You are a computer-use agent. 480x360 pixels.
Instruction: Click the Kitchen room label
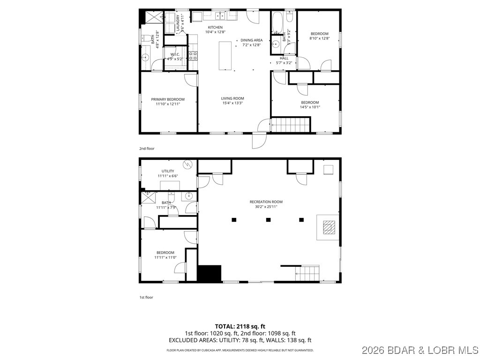216,28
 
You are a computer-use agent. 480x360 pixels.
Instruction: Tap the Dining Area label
252,40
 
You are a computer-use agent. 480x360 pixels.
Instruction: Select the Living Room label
232,98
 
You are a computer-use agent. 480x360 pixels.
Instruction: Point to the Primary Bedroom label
168,99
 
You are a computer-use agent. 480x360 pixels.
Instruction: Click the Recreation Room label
266,202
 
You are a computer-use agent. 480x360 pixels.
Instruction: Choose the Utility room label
168,171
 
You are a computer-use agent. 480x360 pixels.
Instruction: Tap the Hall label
284,58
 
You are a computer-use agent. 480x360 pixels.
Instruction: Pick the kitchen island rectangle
225,55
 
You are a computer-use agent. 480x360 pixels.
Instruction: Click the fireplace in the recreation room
330,228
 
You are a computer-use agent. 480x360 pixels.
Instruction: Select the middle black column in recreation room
269,219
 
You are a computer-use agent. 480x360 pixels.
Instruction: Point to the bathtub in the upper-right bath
277,21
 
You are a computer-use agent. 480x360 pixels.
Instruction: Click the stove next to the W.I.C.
193,56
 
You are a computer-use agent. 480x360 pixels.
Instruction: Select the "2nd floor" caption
147,149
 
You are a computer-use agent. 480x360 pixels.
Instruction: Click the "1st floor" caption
146,297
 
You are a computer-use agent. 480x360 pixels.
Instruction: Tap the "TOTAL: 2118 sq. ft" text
240,326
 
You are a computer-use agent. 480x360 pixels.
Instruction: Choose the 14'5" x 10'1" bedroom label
310,103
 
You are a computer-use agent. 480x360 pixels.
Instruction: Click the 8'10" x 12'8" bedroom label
319,34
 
